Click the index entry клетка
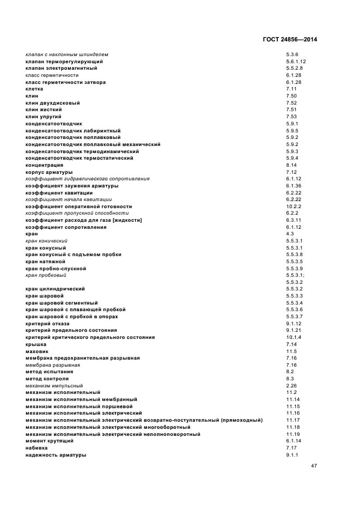[x=34, y=89]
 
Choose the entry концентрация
[x=45, y=165]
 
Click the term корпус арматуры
[x=49, y=172]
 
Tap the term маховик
[x=37, y=351]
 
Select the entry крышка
[x=36, y=344]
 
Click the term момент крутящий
[x=50, y=441]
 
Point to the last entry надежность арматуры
[x=56, y=455]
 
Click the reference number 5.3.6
[x=292, y=54]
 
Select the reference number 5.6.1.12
[x=296, y=62]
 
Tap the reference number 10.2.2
[x=294, y=207]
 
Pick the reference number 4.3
[x=290, y=234]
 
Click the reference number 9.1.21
[x=294, y=330]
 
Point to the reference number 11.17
[x=293, y=420]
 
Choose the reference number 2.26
[x=291, y=386]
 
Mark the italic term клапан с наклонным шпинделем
[x=67, y=54]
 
